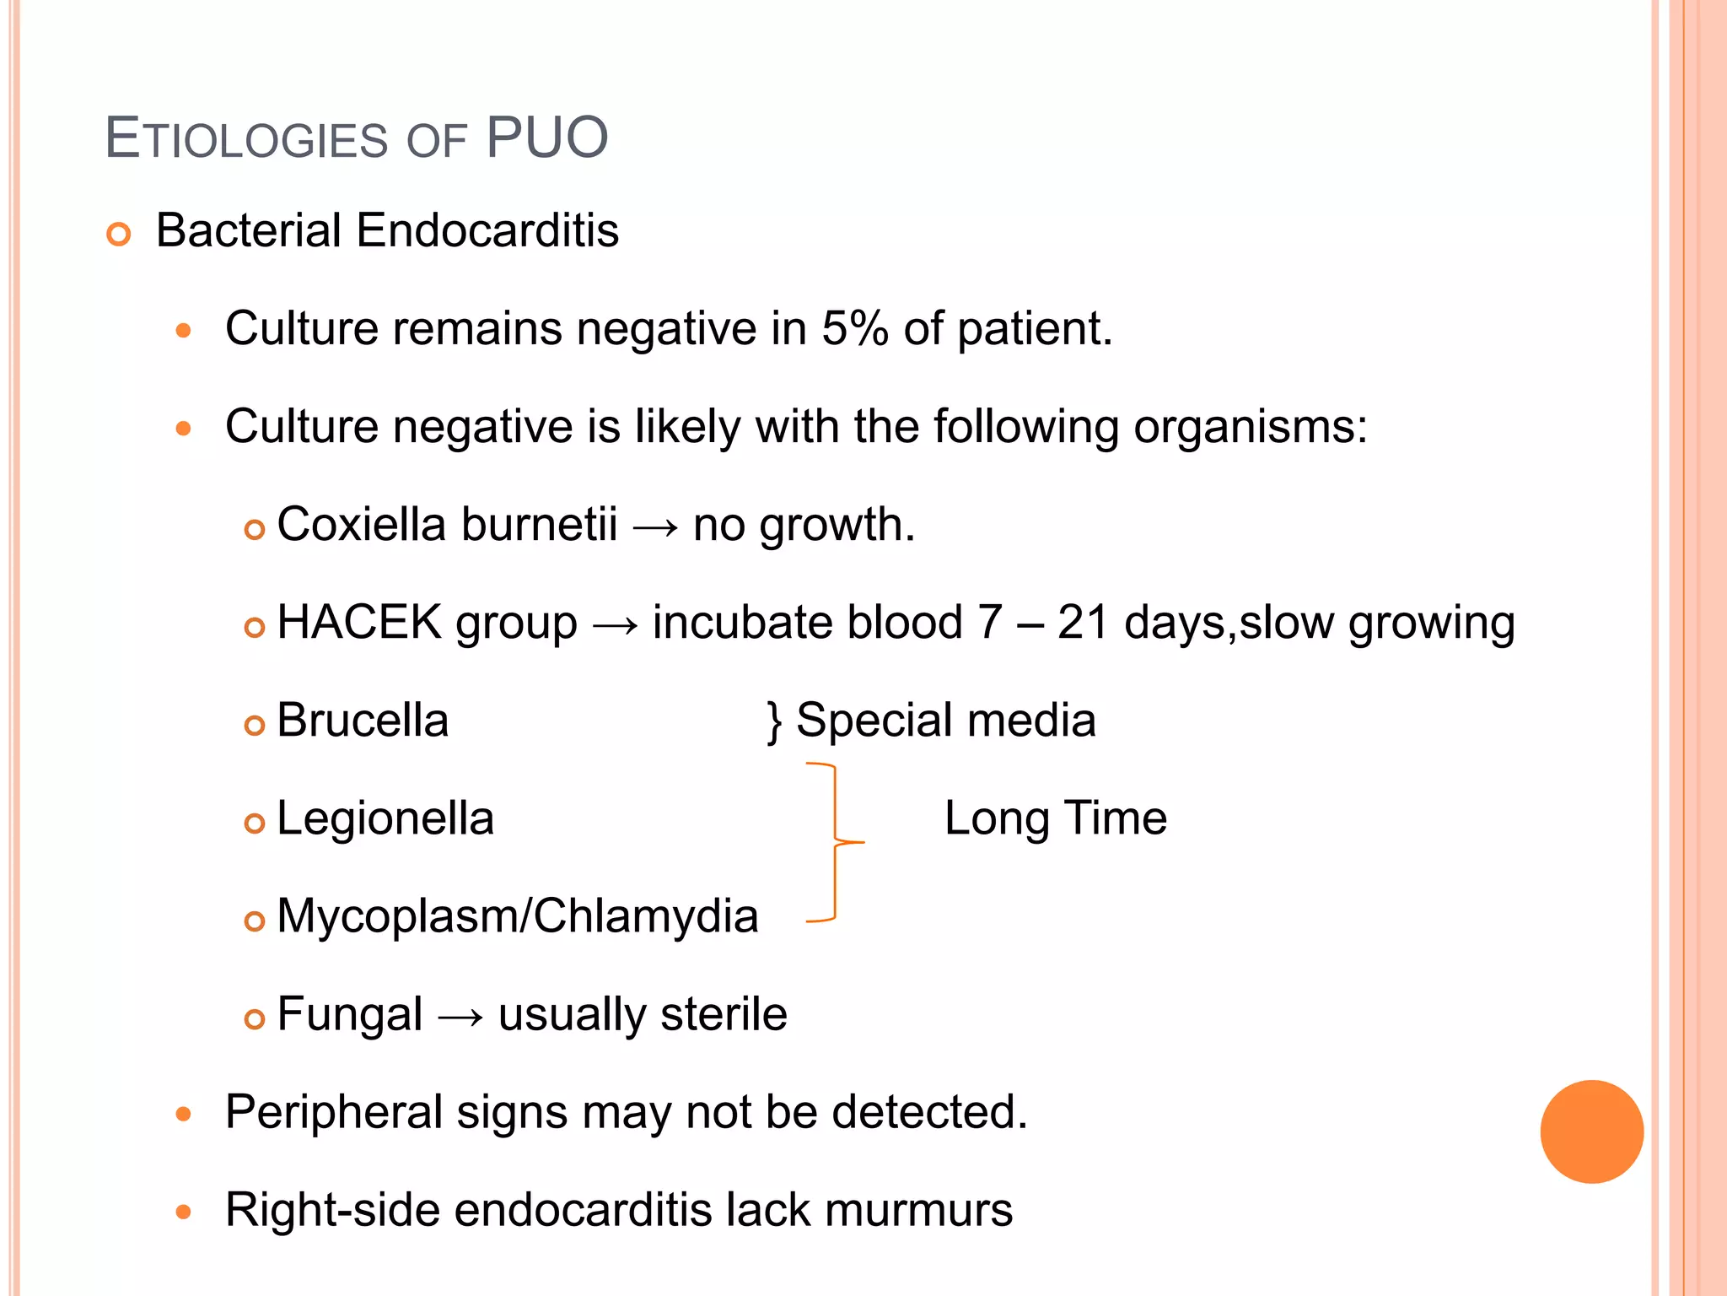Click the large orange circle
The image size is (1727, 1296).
click(1591, 1131)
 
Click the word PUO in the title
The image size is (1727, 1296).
click(546, 138)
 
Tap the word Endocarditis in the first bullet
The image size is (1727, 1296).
click(487, 230)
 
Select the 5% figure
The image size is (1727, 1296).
click(854, 328)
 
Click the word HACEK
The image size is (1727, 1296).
click(359, 622)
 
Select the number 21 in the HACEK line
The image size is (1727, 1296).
click(1083, 622)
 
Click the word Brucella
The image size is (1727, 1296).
click(363, 720)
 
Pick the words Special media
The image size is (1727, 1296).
click(945, 720)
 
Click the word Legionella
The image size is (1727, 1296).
click(385, 818)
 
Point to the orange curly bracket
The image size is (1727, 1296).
click(834, 842)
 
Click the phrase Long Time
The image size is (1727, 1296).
click(1055, 818)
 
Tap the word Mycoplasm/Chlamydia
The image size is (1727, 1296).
click(517, 915)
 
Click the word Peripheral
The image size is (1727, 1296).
click(334, 1112)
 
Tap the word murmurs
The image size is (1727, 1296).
click(918, 1209)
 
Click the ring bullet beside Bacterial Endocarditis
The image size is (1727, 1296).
click(119, 234)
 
